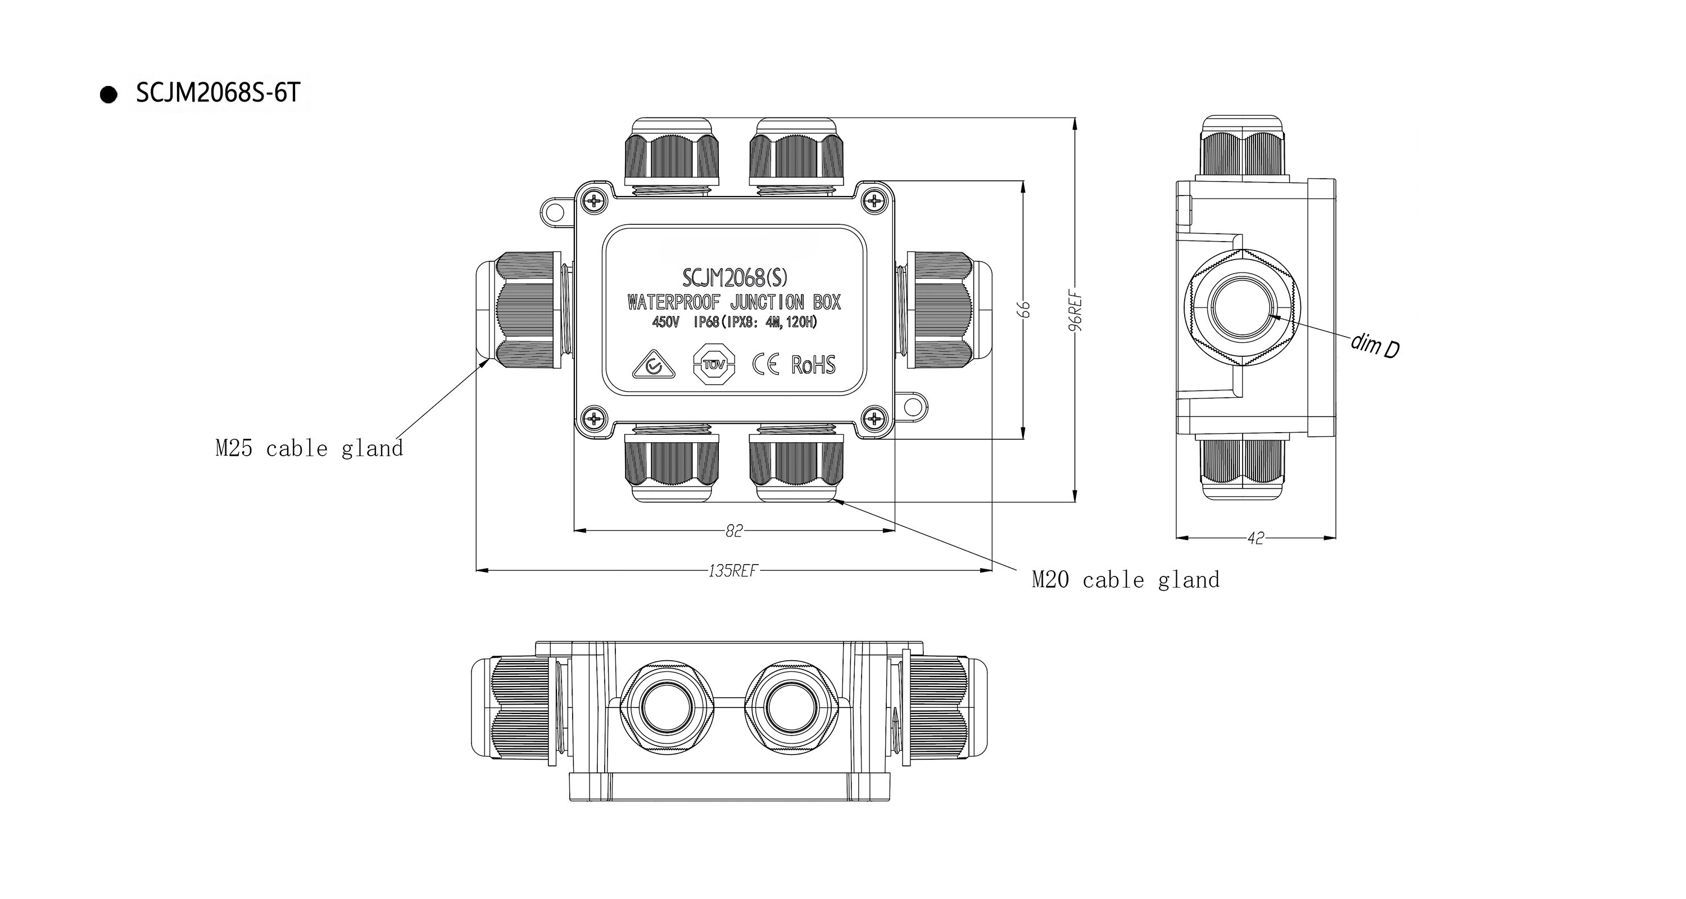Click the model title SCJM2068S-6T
coord(218,93)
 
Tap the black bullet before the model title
coord(108,95)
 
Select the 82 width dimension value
coord(734,530)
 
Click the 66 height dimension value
coord(1026,310)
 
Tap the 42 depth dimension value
coord(1256,538)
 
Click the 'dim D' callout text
coord(1375,346)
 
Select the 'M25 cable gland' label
coord(309,449)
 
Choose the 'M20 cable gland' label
coord(1126,580)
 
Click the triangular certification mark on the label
coord(652,366)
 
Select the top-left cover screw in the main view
coord(593,200)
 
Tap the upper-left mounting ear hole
coord(554,210)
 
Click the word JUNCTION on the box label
coord(767,302)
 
